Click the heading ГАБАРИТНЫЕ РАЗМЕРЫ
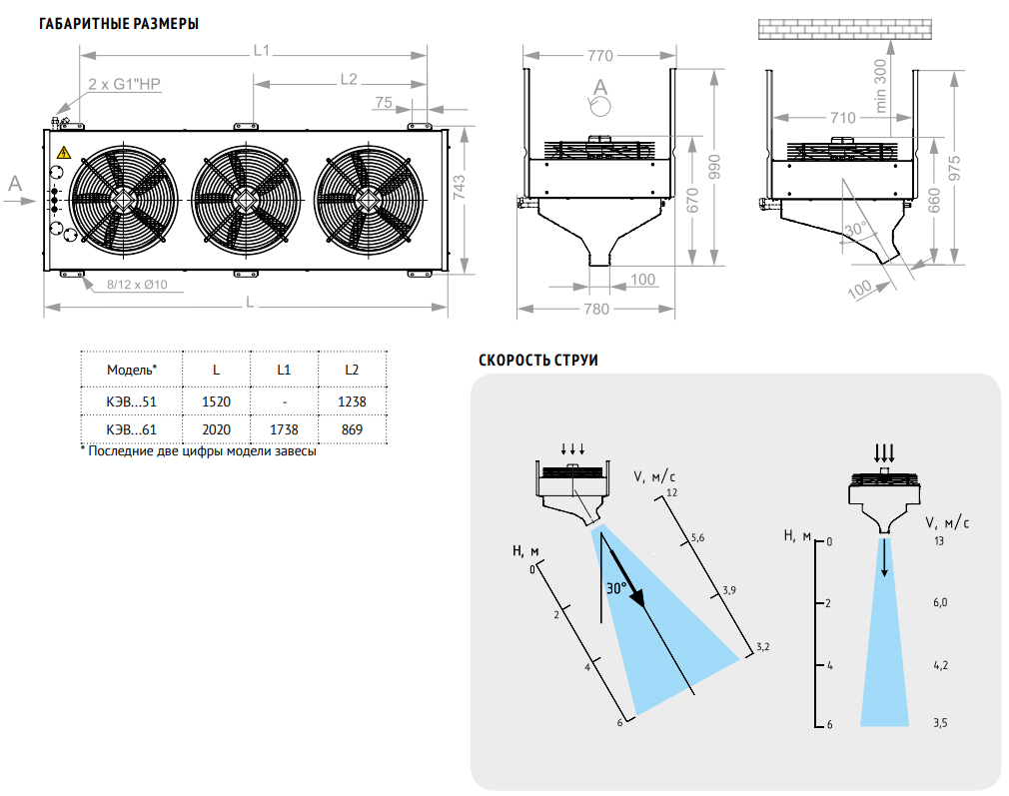pyautogui.click(x=118, y=23)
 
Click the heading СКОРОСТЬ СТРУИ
pyautogui.click(x=538, y=361)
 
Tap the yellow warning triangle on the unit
pyautogui.click(x=64, y=153)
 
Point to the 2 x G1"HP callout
pyautogui.click(x=124, y=85)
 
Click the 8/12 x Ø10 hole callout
pyautogui.click(x=137, y=285)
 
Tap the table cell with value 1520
pyautogui.click(x=216, y=401)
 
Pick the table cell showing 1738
pyautogui.click(x=284, y=429)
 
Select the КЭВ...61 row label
pyautogui.click(x=132, y=429)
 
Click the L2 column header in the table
pyautogui.click(x=352, y=370)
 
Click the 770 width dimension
pyautogui.click(x=599, y=55)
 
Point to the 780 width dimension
pyautogui.click(x=595, y=309)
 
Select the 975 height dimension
pyautogui.click(x=956, y=169)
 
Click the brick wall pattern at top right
pyautogui.click(x=844, y=29)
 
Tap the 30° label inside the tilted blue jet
pyautogui.click(x=616, y=588)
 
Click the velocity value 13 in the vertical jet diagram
pyautogui.click(x=937, y=541)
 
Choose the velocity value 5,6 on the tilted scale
pyautogui.click(x=697, y=538)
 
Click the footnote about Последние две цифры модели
pyautogui.click(x=198, y=451)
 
